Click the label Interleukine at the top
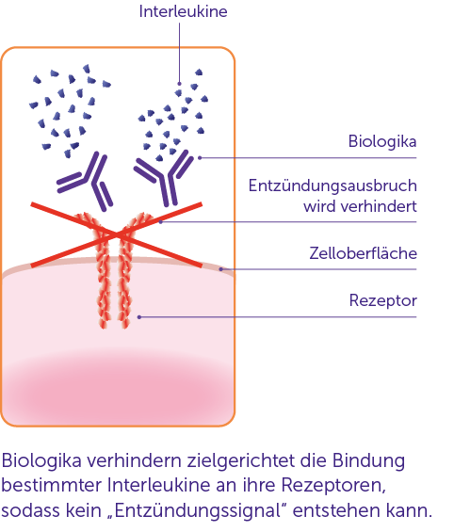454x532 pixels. [x=184, y=11]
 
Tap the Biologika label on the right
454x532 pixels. [x=382, y=141]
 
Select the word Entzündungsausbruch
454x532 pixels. [x=332, y=185]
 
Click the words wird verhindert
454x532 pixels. [x=360, y=206]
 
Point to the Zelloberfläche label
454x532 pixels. [x=363, y=253]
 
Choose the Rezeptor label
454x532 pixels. [x=383, y=300]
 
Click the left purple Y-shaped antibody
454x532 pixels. [x=87, y=181]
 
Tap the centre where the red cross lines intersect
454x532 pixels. [x=117, y=234]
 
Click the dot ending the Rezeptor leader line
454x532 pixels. [x=139, y=317]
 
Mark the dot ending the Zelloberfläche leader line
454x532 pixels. [x=221, y=269]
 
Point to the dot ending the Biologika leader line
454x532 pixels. [x=200, y=158]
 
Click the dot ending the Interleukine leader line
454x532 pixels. [x=180, y=84]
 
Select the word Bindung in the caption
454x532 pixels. [x=368, y=460]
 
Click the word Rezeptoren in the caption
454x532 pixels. [x=333, y=486]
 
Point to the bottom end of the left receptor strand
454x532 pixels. [x=104, y=328]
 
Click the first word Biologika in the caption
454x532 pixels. [x=41, y=460]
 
